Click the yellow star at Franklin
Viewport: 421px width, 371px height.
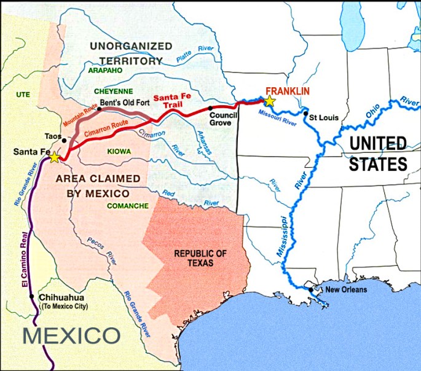269,101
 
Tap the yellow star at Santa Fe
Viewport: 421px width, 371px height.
54,158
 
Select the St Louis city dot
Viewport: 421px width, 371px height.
305,114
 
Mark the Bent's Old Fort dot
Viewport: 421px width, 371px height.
100,109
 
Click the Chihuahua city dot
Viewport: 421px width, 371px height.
33,297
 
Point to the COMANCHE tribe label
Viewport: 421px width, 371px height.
127,206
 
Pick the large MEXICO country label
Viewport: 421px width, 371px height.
71,336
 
